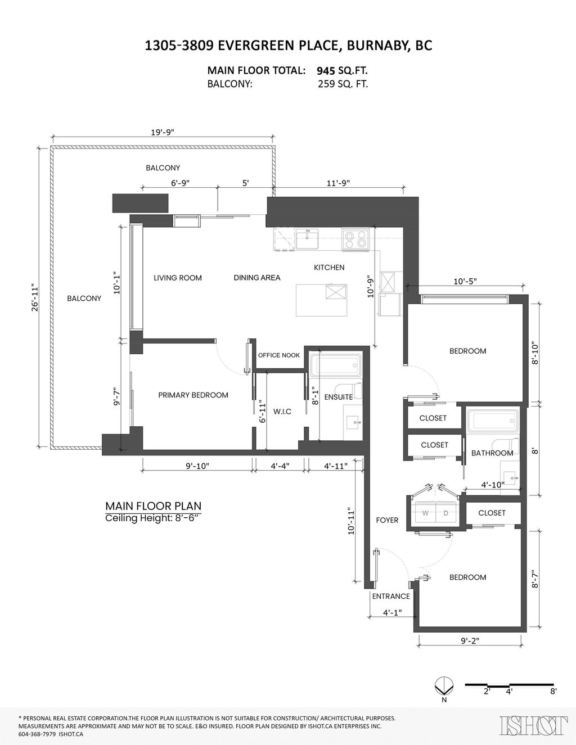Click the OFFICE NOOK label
tap(279, 355)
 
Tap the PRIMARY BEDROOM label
tap(193, 395)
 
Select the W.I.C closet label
tap(282, 412)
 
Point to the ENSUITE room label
tap(339, 397)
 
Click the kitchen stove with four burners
tap(355, 240)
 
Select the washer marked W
tap(425, 513)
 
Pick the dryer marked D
tap(445, 513)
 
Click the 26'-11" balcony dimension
tap(35, 297)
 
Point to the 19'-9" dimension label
tap(163, 132)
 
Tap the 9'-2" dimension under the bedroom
tap(470, 641)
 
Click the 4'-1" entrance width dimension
tap(392, 612)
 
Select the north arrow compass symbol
tap(444, 686)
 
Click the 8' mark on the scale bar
tap(553, 691)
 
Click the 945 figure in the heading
tap(326, 71)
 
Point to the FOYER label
tap(387, 520)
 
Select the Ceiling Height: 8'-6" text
tap(152, 518)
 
